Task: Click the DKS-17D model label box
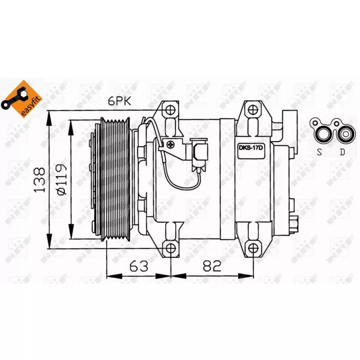251,147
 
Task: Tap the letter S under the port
319,152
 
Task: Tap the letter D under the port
342,152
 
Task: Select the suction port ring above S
323,133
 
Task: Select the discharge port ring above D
345,133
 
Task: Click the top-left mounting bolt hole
171,110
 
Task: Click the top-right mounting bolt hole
254,110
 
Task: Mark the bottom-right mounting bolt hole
254,248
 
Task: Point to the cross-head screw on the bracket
170,145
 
